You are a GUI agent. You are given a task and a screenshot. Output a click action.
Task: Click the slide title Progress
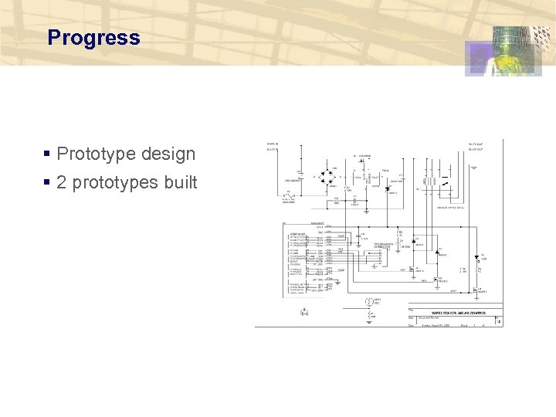click(x=93, y=38)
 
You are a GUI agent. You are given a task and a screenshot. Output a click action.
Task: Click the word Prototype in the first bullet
click(x=97, y=154)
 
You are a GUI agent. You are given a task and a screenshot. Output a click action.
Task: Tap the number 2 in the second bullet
click(x=62, y=183)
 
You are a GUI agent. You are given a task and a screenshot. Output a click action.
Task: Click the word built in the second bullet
click(x=180, y=183)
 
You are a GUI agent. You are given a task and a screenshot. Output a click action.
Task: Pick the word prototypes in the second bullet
click(x=114, y=183)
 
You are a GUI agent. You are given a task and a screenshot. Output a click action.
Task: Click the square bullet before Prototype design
click(x=48, y=154)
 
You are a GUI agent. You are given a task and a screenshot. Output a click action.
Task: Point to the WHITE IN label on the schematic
click(x=273, y=144)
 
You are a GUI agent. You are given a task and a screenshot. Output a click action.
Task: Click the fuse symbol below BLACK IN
click(x=289, y=195)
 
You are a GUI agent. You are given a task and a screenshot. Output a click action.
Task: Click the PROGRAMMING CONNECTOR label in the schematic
click(x=387, y=246)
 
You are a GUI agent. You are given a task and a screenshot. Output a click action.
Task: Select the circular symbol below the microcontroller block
click(x=369, y=300)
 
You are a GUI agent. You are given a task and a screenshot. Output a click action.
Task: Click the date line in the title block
click(x=432, y=325)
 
